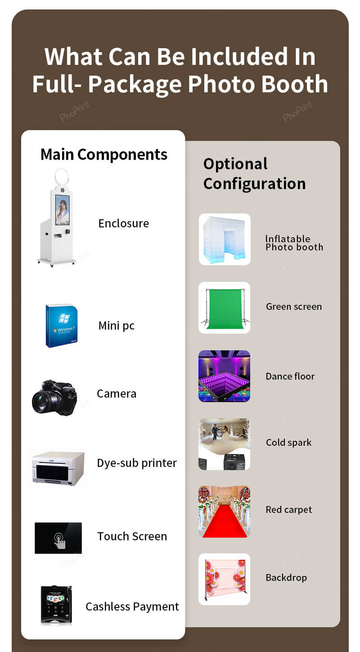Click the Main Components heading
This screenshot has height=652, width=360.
pyautogui.click(x=103, y=154)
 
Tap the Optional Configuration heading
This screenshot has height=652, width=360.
pyautogui.click(x=254, y=174)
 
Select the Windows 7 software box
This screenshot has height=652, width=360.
pyautogui.click(x=62, y=326)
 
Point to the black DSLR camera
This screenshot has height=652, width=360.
pyautogui.click(x=54, y=397)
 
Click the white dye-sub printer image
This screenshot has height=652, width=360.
pyautogui.click(x=58, y=468)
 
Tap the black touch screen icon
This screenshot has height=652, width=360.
pyautogui.click(x=58, y=538)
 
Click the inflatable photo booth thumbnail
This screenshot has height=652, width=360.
pyautogui.click(x=225, y=239)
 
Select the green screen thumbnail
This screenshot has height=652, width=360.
pyautogui.click(x=225, y=308)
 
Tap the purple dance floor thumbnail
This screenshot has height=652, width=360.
pyautogui.click(x=225, y=376)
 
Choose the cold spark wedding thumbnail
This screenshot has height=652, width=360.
pyautogui.click(x=225, y=444)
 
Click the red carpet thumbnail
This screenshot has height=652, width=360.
pyautogui.click(x=225, y=512)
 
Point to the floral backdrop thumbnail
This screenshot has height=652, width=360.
pyautogui.click(x=225, y=579)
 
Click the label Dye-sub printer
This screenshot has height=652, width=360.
pyautogui.click(x=137, y=463)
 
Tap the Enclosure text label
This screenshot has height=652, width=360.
pyautogui.click(x=123, y=223)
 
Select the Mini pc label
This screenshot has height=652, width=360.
pyautogui.click(x=116, y=326)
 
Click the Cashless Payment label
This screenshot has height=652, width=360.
pyautogui.click(x=132, y=607)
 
